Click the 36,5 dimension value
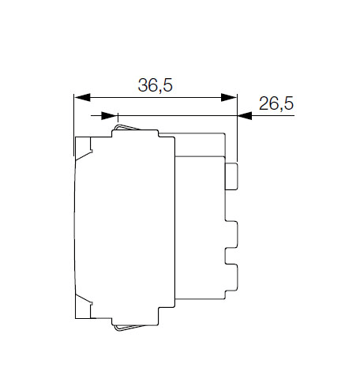click(x=156, y=85)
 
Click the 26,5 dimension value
click(x=276, y=103)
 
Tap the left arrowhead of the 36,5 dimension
click(x=83, y=97)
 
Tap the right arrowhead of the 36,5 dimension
click(x=229, y=97)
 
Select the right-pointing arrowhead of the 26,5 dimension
click(x=109, y=115)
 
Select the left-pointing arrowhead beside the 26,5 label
click(x=245, y=115)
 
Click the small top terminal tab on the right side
click(x=231, y=176)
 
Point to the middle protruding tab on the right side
click(x=231, y=234)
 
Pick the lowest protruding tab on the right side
click(x=231, y=278)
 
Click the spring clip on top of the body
click(x=126, y=127)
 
